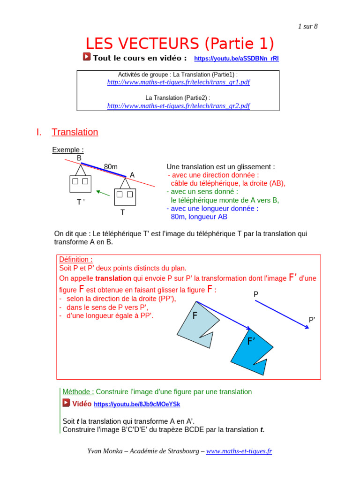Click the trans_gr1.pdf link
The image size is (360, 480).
pos(178,82)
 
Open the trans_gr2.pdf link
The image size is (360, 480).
pos(178,105)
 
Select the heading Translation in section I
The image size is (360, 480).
pos(75,132)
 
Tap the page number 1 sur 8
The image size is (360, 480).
pos(307,26)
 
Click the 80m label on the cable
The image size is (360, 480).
pos(111,166)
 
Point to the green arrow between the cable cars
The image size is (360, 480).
pos(103,192)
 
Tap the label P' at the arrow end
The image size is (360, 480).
pos(312,320)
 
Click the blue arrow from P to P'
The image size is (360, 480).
pos(281,314)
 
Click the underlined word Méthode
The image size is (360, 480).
pos(78,392)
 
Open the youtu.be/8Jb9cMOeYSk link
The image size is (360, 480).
pos(137,404)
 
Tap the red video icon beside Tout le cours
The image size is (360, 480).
pos(87,57)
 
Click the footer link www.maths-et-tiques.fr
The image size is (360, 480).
pos(239,451)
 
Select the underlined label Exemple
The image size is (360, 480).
pos(67,150)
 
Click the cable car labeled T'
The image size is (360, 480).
pos(80,183)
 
